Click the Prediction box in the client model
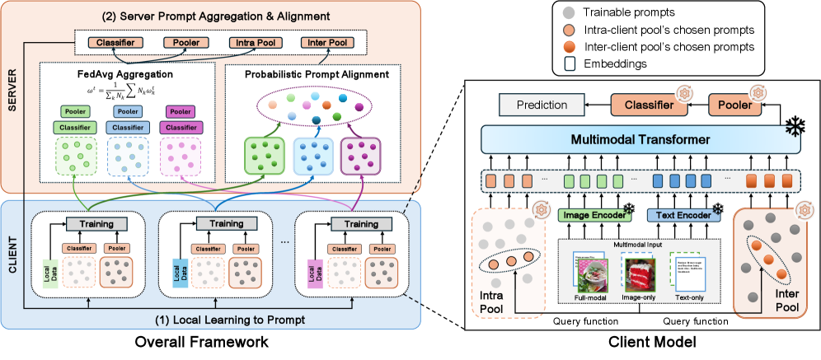(542, 105)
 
